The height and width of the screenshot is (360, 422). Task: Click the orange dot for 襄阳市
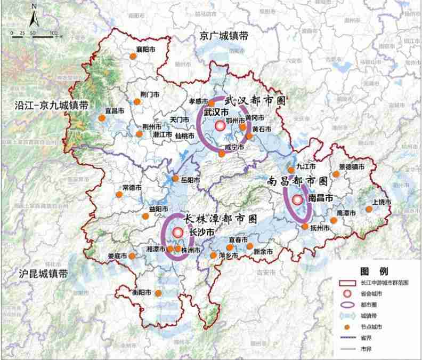(x=133, y=55)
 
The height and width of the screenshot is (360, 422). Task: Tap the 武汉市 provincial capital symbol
(x=221, y=126)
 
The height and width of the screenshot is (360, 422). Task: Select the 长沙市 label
(x=201, y=233)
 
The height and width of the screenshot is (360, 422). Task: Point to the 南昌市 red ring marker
(x=297, y=199)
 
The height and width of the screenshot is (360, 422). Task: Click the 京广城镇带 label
(x=224, y=36)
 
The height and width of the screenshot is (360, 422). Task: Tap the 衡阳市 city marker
(x=158, y=293)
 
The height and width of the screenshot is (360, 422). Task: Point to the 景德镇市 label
(x=352, y=167)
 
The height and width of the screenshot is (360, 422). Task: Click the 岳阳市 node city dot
(x=175, y=179)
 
